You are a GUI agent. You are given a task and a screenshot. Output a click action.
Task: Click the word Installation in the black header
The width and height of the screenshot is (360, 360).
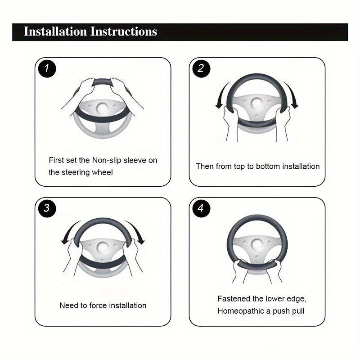click(x=55, y=31)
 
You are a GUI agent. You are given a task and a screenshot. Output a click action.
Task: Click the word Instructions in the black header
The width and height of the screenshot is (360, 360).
click(x=124, y=31)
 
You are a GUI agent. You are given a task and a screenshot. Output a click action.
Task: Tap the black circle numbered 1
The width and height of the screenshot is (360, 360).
click(x=47, y=68)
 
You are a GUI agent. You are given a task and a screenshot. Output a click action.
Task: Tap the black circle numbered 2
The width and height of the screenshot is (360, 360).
click(x=201, y=68)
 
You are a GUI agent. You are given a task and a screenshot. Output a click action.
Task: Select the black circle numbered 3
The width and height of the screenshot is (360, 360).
click(x=47, y=208)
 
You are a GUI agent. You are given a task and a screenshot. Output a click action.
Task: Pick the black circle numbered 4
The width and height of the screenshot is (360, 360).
click(x=201, y=208)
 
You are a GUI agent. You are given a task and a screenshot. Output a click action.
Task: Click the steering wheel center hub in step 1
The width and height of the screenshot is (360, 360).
click(x=102, y=108)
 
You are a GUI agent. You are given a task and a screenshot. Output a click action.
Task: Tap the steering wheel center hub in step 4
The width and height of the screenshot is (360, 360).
click(x=256, y=245)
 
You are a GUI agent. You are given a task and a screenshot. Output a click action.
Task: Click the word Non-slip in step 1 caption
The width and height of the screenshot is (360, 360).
click(x=107, y=160)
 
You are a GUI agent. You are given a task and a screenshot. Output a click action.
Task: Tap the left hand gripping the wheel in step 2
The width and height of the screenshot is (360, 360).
click(x=230, y=121)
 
